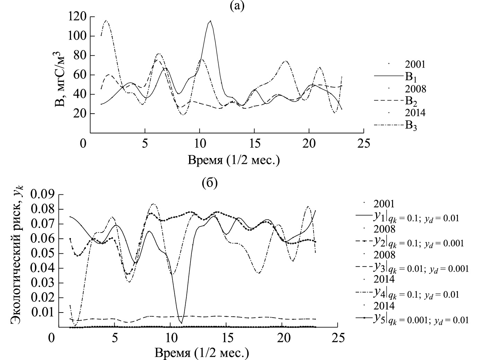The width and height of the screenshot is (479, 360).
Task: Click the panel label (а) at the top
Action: (x=237, y=6)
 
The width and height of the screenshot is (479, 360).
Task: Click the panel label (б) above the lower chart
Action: (x=210, y=183)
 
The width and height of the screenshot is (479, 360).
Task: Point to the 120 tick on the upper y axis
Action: (x=78, y=16)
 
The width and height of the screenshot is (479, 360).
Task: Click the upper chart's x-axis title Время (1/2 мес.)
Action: (x=234, y=160)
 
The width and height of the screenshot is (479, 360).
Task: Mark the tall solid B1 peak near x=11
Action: (x=210, y=21)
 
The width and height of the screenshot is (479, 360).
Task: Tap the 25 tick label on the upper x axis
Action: (x=363, y=143)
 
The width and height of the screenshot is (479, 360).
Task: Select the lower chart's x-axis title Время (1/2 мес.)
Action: (x=202, y=353)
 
